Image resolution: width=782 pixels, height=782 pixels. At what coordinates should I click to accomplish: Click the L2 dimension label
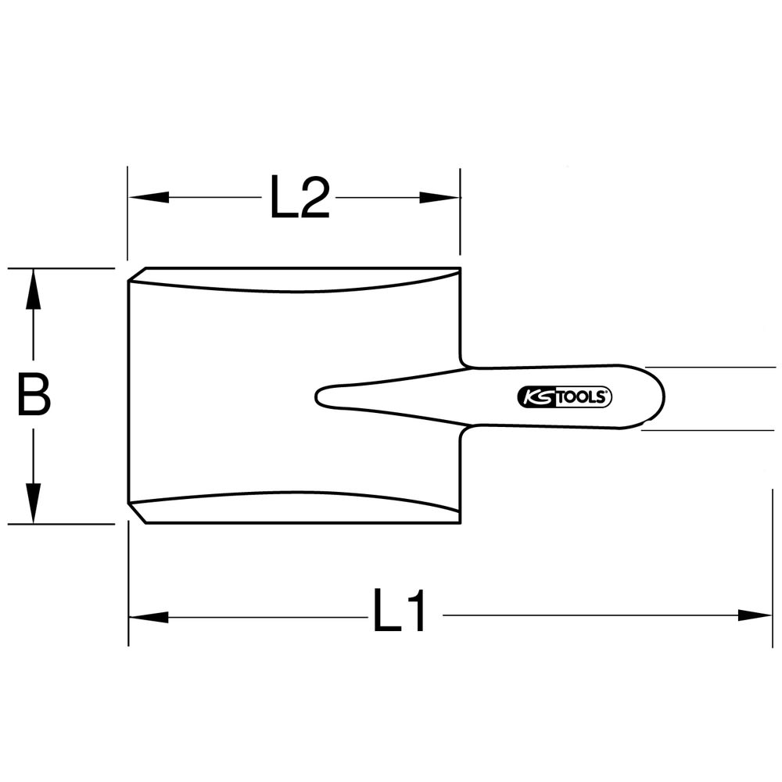pyautogui.click(x=300, y=197)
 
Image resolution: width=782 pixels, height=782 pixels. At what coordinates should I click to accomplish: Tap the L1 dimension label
pyautogui.click(x=400, y=610)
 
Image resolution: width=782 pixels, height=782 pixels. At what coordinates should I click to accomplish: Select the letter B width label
pyautogui.click(x=34, y=394)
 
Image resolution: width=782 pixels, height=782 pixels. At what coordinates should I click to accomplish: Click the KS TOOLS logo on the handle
pyautogui.click(x=565, y=397)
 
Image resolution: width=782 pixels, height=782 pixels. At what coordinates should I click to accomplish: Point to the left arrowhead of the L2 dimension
pyautogui.click(x=149, y=197)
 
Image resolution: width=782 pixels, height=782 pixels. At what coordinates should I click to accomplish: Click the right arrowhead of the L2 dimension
pyautogui.click(x=439, y=198)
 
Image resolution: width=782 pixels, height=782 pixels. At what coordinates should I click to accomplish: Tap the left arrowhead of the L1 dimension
pyautogui.click(x=149, y=618)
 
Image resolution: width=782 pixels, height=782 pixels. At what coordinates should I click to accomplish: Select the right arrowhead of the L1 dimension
pyautogui.click(x=755, y=615)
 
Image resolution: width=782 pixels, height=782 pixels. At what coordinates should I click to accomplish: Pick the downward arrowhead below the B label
pyautogui.click(x=34, y=503)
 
